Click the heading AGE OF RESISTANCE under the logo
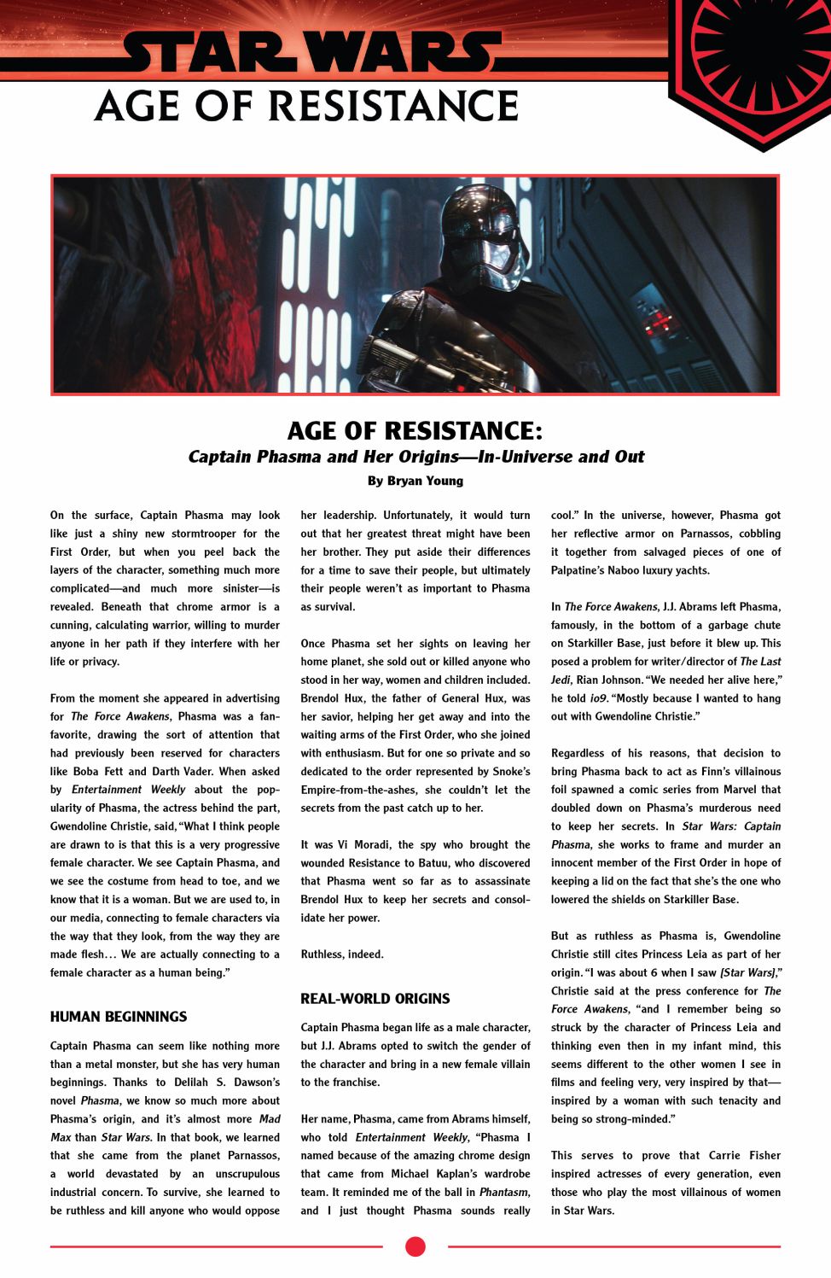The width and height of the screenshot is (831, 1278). pyautogui.click(x=307, y=107)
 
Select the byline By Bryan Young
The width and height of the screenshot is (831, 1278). pyautogui.click(x=415, y=481)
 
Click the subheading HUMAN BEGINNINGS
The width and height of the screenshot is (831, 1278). pyautogui.click(x=119, y=1017)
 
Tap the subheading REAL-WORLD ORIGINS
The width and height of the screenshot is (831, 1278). pyautogui.click(x=375, y=998)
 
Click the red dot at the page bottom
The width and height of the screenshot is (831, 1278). pyautogui.click(x=415, y=1246)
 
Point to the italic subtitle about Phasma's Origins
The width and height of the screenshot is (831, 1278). pyautogui.click(x=415, y=457)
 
